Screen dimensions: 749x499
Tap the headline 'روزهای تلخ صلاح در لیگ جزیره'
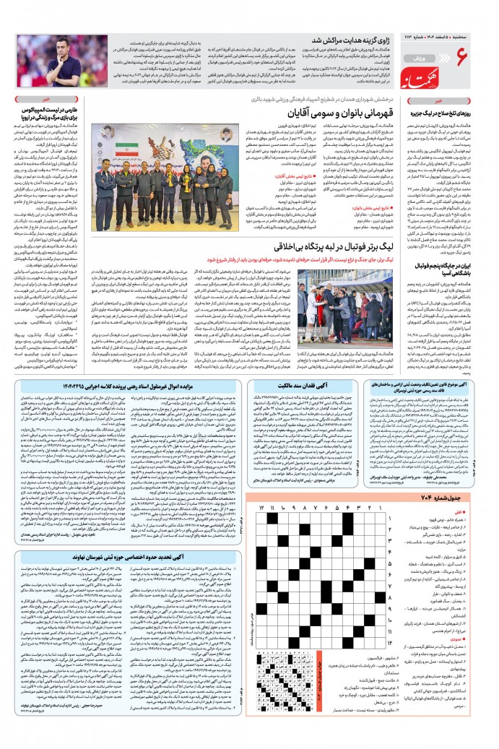pos(451,116)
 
